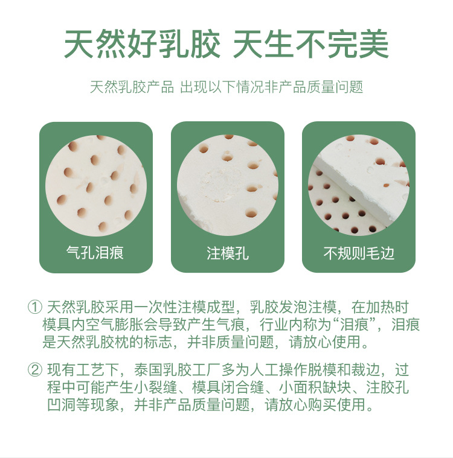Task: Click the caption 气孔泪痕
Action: [95, 253]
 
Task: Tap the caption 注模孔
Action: [228, 253]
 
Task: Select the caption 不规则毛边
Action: [359, 253]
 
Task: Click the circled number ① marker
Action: [35, 307]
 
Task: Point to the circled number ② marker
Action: [35, 370]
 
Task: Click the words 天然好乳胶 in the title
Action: [142, 45]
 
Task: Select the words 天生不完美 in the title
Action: [311, 45]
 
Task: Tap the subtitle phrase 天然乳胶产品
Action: [132, 87]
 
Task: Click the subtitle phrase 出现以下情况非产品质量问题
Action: [272, 87]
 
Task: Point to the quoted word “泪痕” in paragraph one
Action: [354, 325]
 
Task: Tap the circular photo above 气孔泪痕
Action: [96, 186]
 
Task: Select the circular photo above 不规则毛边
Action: [359, 185]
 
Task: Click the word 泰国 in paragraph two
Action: [149, 370]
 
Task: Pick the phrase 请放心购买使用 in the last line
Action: [315, 405]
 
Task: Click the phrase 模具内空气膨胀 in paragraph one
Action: [93, 325]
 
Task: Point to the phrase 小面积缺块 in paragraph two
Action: [315, 387]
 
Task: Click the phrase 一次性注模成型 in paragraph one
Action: [185, 307]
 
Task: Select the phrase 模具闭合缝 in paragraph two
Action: [228, 387]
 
